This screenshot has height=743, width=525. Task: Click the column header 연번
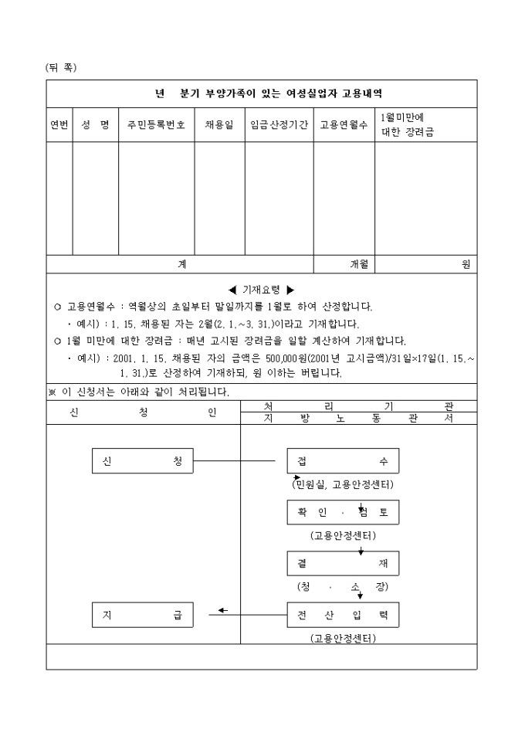point(59,125)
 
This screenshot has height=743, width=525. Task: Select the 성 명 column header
point(95,125)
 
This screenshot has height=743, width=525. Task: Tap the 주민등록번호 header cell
point(156,125)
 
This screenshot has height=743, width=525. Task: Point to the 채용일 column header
point(219,125)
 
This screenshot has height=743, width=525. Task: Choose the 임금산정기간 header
point(279,125)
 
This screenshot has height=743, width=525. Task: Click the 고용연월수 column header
point(344,125)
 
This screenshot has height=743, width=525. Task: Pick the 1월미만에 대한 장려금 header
point(409,125)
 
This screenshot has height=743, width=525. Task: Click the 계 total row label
point(182,264)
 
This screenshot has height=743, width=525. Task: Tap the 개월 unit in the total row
point(359,264)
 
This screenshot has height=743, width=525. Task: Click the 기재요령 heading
point(262,290)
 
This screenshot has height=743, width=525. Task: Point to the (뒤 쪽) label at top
point(61,68)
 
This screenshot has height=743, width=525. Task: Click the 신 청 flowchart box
point(142,461)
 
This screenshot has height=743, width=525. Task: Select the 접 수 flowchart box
point(343,461)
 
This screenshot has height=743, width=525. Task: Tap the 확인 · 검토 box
point(343,512)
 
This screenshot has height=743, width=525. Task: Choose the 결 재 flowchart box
point(343,563)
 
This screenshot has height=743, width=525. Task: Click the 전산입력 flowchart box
point(343,615)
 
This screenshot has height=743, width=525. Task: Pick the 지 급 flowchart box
point(142,615)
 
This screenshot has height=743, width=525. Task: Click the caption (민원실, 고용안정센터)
point(343,485)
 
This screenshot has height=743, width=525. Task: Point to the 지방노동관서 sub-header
point(358,419)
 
